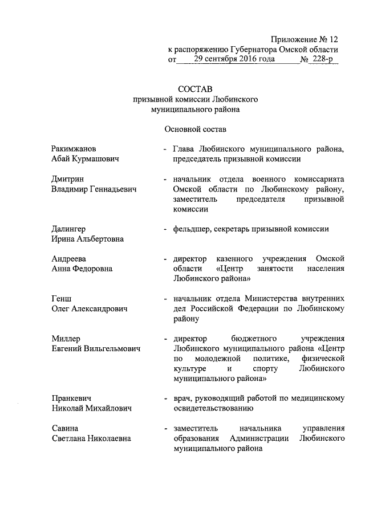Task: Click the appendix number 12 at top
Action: [332, 39]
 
